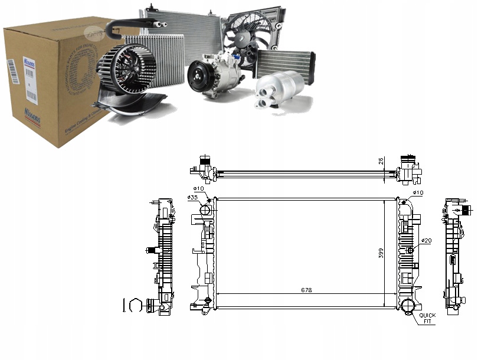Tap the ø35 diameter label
[192, 198]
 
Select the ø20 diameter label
[425, 241]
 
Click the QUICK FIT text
[428, 318]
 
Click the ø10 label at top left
[199, 188]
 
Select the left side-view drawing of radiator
[162, 254]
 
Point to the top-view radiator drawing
[307, 173]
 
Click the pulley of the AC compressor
[198, 77]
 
